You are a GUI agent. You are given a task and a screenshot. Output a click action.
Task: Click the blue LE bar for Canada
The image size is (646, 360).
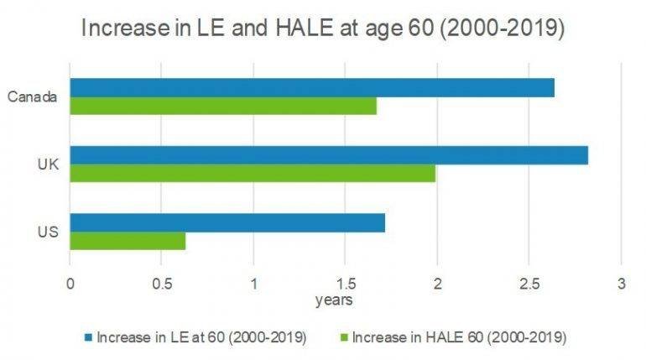coord(311,88)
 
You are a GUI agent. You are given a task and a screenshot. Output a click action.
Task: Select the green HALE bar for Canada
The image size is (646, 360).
coord(222,107)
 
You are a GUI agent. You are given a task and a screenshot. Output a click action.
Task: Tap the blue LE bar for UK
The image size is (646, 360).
coord(328,155)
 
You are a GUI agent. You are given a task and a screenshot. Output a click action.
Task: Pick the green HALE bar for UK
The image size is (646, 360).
coord(252,174)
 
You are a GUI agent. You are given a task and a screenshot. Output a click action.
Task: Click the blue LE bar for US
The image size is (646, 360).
coord(227,222)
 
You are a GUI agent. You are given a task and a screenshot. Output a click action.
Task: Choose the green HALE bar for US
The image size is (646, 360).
coord(128,241)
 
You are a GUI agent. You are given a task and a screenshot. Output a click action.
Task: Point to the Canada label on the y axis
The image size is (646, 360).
coord(32,97)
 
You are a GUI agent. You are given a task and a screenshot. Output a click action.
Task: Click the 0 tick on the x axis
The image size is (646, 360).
coord(70,284)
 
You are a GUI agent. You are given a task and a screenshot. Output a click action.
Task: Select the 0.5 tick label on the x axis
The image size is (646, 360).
coord(161,284)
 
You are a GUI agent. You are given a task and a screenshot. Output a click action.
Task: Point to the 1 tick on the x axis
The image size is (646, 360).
coord(253,284)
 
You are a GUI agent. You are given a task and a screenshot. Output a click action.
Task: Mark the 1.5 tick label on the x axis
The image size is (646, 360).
coord(345,284)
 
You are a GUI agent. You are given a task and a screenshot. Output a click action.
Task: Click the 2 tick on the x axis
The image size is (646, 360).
coord(437,284)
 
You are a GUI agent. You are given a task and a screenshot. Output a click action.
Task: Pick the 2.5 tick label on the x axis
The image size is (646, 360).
coord(529,284)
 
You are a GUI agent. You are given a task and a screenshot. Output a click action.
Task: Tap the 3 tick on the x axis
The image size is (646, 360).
coord(621,284)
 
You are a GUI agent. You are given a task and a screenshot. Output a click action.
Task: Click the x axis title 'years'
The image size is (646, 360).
coord(333,300)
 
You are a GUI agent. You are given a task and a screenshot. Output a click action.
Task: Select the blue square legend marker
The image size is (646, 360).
coord(87,338)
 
